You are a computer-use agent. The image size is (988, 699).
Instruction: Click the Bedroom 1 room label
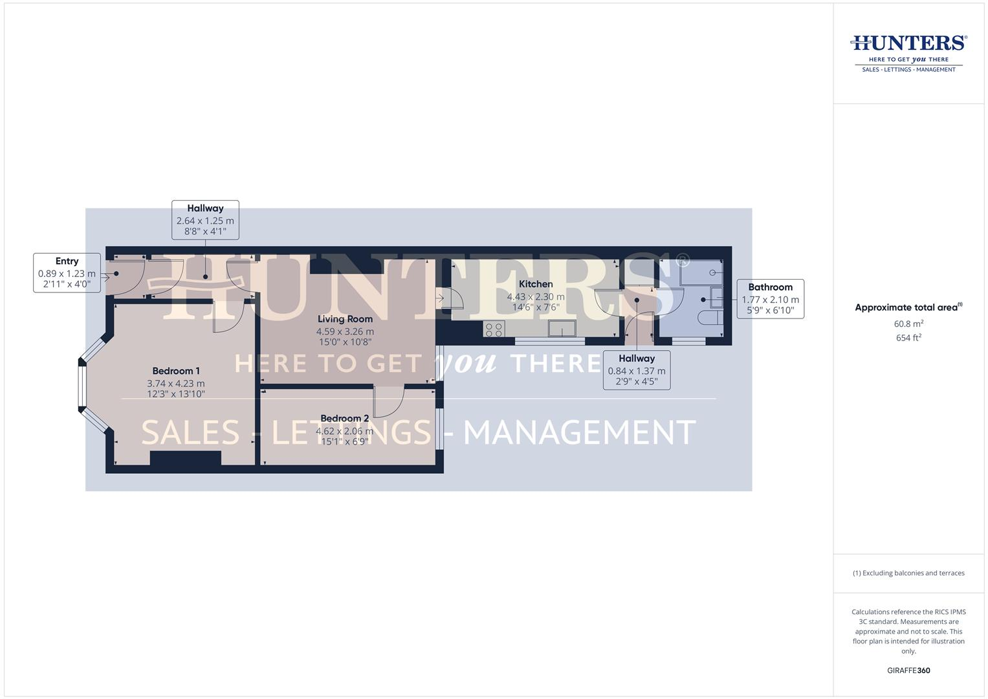click(x=176, y=371)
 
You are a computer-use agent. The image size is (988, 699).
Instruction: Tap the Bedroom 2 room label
click(x=344, y=418)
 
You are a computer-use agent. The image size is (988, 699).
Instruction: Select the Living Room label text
click(x=345, y=318)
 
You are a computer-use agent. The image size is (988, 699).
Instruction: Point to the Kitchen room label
click(x=536, y=284)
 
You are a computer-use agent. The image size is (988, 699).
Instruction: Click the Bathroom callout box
click(x=770, y=299)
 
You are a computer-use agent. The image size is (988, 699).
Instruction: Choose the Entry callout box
click(x=67, y=272)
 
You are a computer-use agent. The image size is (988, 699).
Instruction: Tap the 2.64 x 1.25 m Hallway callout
click(x=205, y=220)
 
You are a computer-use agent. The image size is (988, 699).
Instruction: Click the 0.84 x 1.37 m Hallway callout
click(x=636, y=370)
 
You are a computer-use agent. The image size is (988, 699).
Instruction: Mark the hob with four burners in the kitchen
click(x=494, y=329)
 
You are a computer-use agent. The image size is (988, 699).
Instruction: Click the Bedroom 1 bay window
click(x=83, y=386)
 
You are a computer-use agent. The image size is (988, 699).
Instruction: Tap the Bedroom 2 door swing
click(x=388, y=401)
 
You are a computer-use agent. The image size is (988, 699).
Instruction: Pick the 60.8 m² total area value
click(x=908, y=324)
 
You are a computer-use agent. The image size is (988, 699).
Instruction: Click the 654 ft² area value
click(x=908, y=338)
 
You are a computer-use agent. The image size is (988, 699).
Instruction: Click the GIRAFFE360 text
click(x=908, y=671)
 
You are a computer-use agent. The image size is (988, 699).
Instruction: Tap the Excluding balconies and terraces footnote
click(x=908, y=573)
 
